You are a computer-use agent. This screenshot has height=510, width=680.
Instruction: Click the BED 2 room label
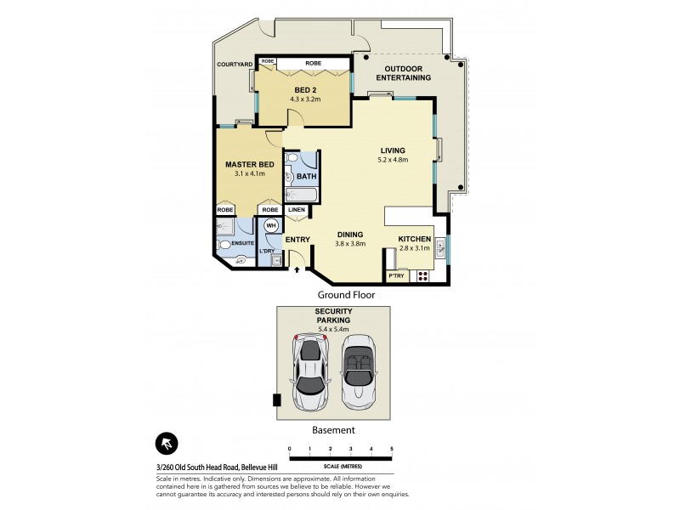click(x=306, y=89)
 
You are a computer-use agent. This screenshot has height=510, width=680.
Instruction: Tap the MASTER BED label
click(x=249, y=164)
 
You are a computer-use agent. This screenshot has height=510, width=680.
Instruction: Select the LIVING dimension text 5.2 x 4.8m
click(x=393, y=160)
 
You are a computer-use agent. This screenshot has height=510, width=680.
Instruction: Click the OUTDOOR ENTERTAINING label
click(x=407, y=73)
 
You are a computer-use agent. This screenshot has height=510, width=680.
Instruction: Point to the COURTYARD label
click(x=235, y=65)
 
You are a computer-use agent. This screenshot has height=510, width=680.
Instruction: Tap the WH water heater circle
click(x=271, y=225)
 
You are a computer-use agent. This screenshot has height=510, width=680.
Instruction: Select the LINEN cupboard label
click(x=297, y=210)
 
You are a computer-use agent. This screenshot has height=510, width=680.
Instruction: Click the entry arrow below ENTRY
click(x=297, y=270)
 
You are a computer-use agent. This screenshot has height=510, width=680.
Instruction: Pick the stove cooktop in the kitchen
click(x=422, y=275)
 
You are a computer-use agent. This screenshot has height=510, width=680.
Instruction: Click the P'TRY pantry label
click(x=396, y=276)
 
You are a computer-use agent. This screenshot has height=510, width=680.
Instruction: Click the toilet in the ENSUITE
click(x=226, y=244)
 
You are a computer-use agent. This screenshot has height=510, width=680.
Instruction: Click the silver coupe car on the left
click(x=312, y=372)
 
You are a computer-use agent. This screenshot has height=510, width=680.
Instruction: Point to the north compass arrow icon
click(x=167, y=445)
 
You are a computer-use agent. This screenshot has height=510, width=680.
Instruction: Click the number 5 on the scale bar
click(x=392, y=449)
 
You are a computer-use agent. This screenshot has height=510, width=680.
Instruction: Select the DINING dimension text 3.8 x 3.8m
click(x=350, y=244)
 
